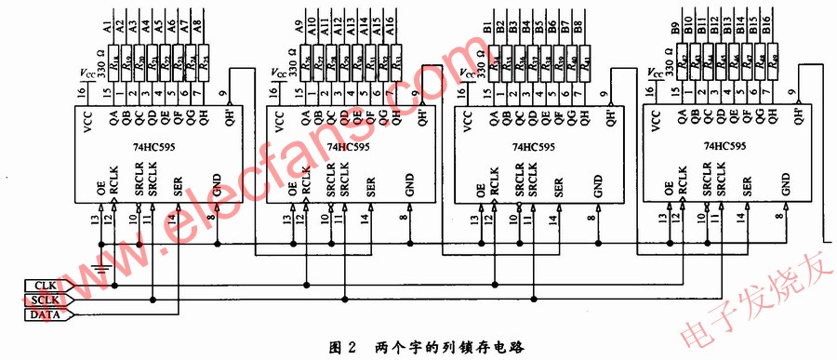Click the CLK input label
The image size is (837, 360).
click(44, 285)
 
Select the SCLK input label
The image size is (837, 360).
click(44, 300)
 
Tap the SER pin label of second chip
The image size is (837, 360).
click(371, 185)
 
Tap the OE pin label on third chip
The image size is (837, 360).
click(479, 188)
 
